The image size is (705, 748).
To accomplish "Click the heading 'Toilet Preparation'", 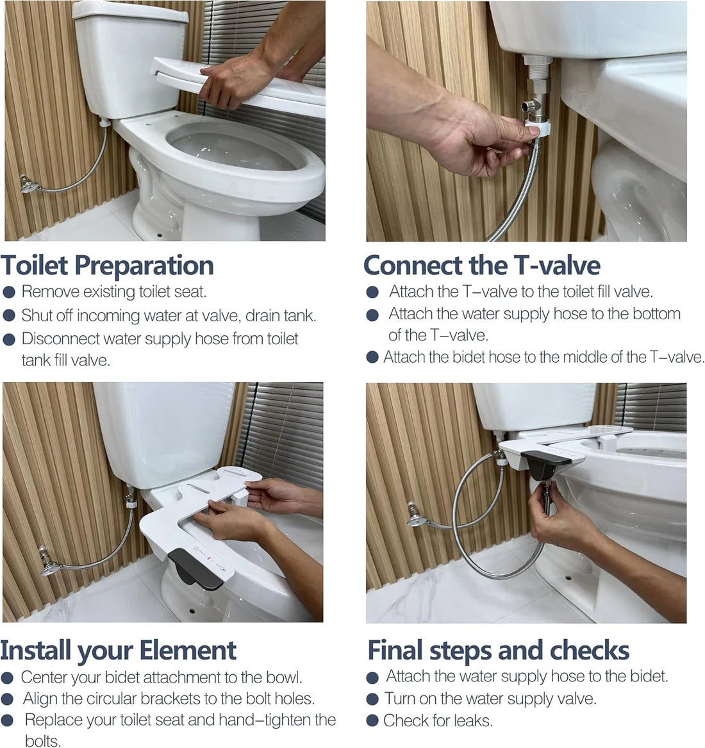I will (107, 265).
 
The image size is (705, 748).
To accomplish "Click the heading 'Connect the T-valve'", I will (481, 265).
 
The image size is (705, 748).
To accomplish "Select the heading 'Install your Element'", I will (119, 650).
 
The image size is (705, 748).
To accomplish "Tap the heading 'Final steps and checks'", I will (498, 650).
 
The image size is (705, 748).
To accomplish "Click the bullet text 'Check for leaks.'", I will (438, 720).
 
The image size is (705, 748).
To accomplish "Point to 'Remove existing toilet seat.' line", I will (114, 292).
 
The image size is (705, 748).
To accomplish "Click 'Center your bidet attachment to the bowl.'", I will (162, 677).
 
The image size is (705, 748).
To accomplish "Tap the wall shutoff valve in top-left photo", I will (28, 184).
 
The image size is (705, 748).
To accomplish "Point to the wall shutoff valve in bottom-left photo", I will (49, 560).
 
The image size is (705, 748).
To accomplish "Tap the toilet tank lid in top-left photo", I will (130, 12).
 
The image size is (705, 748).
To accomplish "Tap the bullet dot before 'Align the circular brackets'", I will (7, 699).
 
